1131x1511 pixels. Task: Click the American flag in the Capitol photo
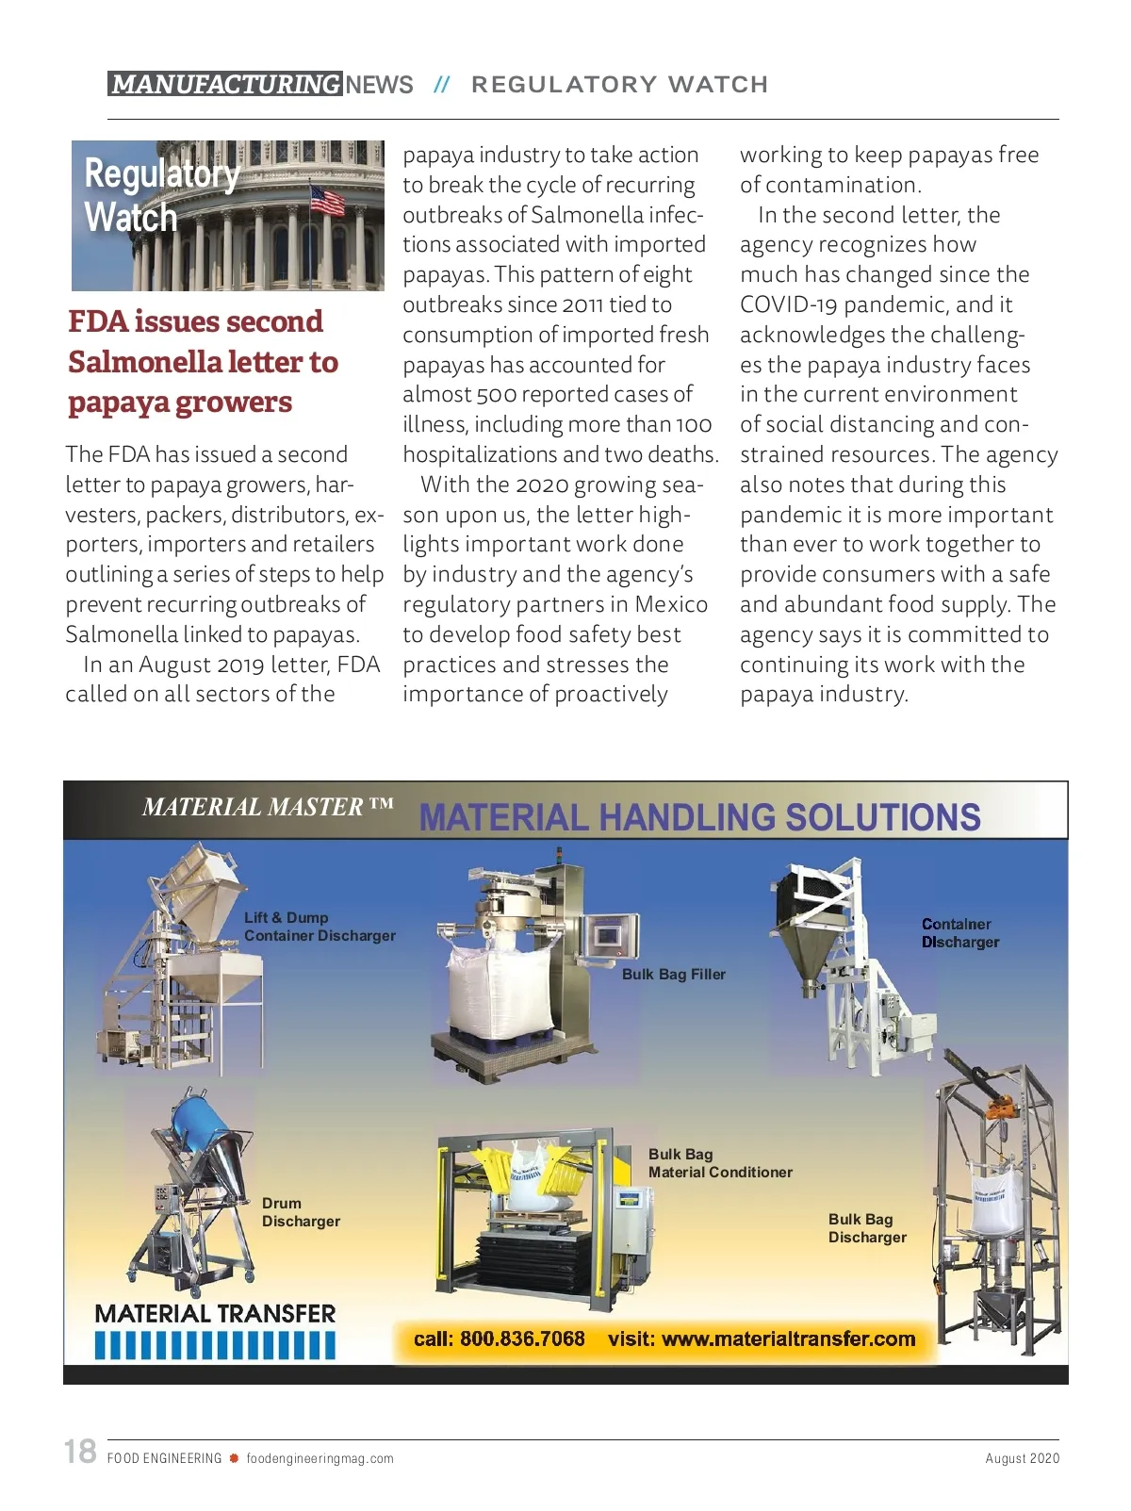pyautogui.click(x=327, y=200)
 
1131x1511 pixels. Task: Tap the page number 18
pyautogui.click(x=80, y=1451)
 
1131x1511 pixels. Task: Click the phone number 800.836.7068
pyautogui.click(x=522, y=1339)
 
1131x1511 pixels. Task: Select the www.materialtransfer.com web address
pyautogui.click(x=788, y=1339)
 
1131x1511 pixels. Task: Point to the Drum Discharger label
pyautogui.click(x=300, y=1212)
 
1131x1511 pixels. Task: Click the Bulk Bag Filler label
pyautogui.click(x=673, y=975)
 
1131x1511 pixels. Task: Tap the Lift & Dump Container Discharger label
pyautogui.click(x=319, y=927)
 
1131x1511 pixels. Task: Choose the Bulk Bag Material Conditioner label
pyautogui.click(x=719, y=1163)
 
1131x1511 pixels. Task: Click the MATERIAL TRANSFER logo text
pyautogui.click(x=215, y=1314)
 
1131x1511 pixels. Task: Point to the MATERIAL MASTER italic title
pyautogui.click(x=268, y=808)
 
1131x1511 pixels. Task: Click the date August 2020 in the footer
pyautogui.click(x=1022, y=1458)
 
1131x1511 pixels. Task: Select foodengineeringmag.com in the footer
pyautogui.click(x=320, y=1458)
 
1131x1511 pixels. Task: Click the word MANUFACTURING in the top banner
pyautogui.click(x=225, y=85)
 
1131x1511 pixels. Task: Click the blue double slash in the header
pyautogui.click(x=441, y=85)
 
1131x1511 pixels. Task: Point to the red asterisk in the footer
pyautogui.click(x=234, y=1458)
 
